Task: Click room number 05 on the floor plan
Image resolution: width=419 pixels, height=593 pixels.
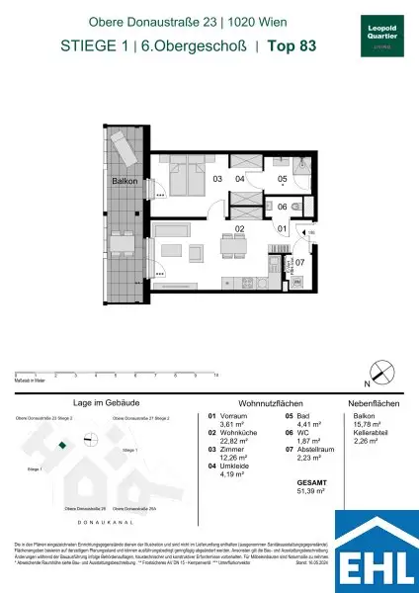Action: click(281, 179)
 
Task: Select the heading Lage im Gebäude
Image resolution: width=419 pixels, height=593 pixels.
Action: click(97, 402)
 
